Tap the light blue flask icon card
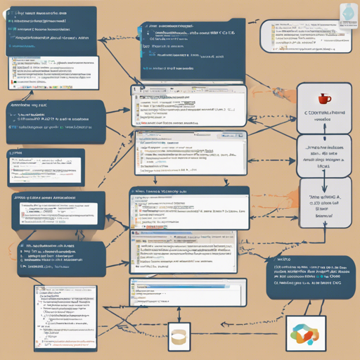click(x=347, y=13)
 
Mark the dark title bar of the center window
click(x=188, y=191)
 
